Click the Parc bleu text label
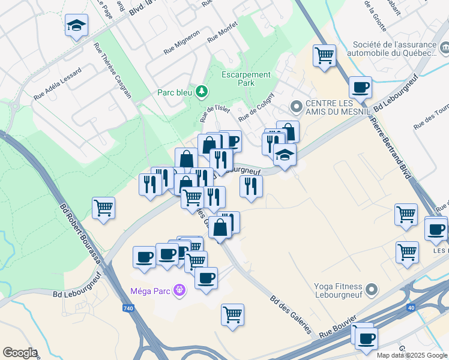click(x=174, y=92)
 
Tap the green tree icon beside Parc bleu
click(x=203, y=91)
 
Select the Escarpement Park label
click(x=246, y=79)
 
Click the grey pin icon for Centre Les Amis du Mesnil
click(x=295, y=107)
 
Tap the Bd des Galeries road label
click(x=291, y=315)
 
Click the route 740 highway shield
click(x=127, y=308)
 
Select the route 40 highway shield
click(x=411, y=308)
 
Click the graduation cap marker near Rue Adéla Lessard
click(x=76, y=25)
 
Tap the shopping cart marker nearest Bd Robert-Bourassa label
click(x=104, y=208)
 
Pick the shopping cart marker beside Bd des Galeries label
click(x=232, y=314)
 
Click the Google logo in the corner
click(x=20, y=353)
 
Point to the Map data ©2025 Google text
click(x=412, y=355)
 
